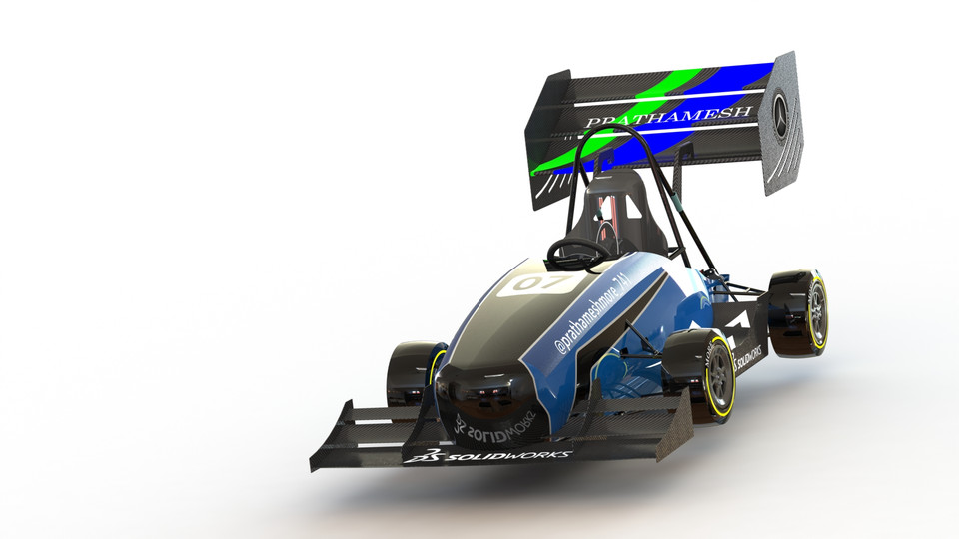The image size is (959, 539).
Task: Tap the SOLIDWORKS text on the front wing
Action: click(509, 455)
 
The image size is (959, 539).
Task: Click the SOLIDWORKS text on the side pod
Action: click(749, 356)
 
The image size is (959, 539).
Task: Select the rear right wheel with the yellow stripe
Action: click(805, 313)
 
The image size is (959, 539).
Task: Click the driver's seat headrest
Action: click(611, 195)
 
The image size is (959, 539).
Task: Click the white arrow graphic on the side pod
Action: click(739, 321)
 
